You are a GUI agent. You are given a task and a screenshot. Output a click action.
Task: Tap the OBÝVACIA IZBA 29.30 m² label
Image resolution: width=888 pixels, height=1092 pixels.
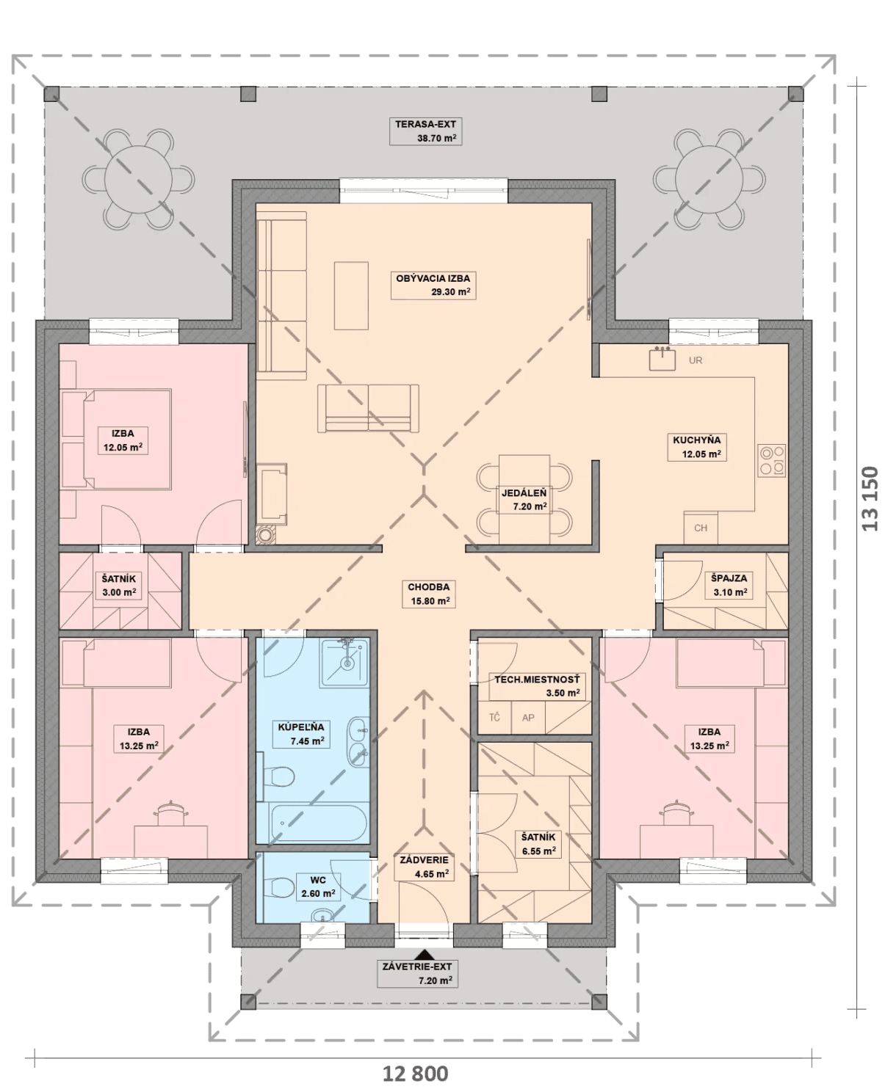coord(433,285)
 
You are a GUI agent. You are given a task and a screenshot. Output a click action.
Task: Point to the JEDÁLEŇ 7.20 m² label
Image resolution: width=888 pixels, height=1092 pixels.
coord(524,500)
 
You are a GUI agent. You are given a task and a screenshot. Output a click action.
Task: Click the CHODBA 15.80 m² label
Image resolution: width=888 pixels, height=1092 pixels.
coord(429,594)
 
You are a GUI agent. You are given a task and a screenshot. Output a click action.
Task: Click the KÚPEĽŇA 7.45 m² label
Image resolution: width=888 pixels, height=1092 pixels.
coord(301,734)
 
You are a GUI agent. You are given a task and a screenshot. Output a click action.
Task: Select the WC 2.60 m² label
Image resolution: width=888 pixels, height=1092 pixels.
coord(318,887)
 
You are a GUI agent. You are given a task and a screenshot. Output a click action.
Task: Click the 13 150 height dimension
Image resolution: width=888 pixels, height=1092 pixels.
coord(870,498)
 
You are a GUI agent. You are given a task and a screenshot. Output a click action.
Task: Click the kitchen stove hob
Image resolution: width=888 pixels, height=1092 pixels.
coord(772,461)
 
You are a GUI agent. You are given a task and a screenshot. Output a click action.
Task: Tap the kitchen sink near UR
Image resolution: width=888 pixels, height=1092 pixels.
coord(663,358)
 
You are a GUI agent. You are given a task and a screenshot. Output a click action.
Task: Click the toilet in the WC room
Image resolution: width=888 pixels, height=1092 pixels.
coord(280,888)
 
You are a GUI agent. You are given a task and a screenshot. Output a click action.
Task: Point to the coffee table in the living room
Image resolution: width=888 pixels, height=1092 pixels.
coord(351,296)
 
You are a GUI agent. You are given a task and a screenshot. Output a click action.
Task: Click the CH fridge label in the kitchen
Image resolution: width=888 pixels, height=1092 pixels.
coord(700,528)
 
